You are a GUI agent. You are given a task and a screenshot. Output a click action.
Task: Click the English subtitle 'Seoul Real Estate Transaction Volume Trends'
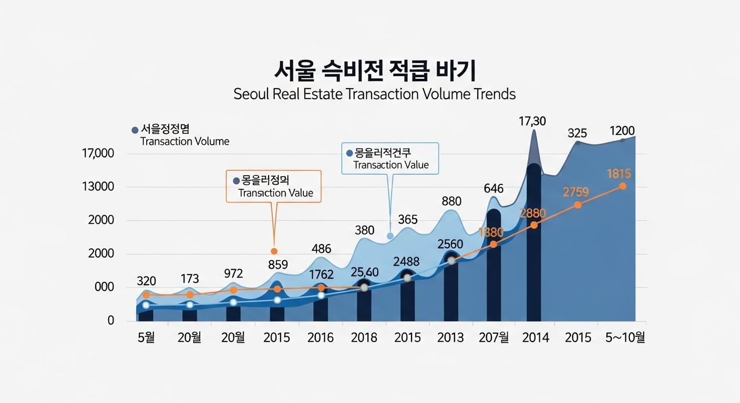click(x=374, y=94)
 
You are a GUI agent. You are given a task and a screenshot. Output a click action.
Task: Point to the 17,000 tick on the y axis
click(x=98, y=154)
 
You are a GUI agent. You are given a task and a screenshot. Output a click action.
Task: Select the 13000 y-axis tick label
click(x=98, y=187)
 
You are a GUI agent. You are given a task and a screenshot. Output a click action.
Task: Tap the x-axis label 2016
click(x=320, y=337)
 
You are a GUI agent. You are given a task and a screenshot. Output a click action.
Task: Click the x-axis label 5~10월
click(x=625, y=337)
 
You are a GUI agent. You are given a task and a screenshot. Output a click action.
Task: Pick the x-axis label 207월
click(x=494, y=337)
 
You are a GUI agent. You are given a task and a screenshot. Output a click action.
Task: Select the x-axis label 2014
click(x=536, y=337)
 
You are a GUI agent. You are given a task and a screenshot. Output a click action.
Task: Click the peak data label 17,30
click(x=532, y=121)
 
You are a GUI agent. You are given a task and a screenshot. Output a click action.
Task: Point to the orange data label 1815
click(x=618, y=173)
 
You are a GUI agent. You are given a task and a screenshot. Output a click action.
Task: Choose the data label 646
click(x=494, y=188)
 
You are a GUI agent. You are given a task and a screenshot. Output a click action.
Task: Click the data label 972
click(x=233, y=273)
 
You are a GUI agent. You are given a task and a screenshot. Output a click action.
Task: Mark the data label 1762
click(x=321, y=274)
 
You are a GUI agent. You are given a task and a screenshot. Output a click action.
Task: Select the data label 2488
click(x=406, y=261)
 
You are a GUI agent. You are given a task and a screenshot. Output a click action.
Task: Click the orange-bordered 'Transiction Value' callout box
click(x=273, y=186)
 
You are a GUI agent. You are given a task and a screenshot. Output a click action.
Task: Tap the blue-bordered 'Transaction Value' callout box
click(x=389, y=158)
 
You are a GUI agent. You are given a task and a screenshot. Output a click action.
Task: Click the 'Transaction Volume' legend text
click(x=184, y=142)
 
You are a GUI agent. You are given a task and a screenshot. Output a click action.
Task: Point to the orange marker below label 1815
click(x=623, y=186)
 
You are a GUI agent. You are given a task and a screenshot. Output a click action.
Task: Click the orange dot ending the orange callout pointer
click(x=274, y=251)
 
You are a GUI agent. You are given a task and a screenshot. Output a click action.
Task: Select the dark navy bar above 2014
click(x=534, y=241)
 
